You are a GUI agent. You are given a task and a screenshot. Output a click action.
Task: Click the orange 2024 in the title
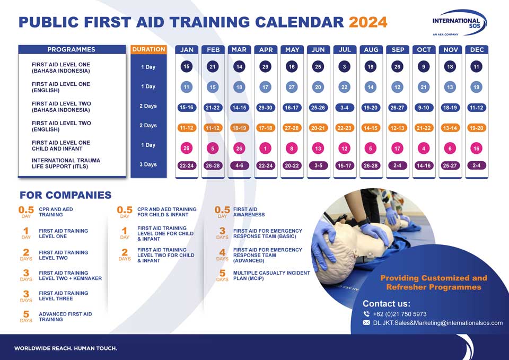pyautogui.click(x=368, y=22)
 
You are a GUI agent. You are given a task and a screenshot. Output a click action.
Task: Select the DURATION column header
pyautogui.click(x=148, y=49)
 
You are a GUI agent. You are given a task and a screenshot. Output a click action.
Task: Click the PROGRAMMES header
pyautogui.click(x=72, y=49)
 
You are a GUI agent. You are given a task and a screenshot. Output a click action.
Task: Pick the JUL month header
pyautogui.click(x=345, y=50)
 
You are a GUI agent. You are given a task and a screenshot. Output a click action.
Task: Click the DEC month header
pyautogui.click(x=477, y=50)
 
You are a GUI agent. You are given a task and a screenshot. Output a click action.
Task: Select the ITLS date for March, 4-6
pyautogui.click(x=239, y=165)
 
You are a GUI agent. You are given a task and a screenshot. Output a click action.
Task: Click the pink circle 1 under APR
pyautogui.click(x=265, y=148)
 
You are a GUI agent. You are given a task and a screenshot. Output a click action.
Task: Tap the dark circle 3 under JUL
pyautogui.click(x=345, y=67)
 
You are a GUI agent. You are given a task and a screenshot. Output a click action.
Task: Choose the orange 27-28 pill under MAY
pyautogui.click(x=292, y=128)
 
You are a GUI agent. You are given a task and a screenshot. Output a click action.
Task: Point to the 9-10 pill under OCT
pyautogui.click(x=424, y=108)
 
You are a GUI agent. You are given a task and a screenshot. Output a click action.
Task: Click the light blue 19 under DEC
pyautogui.click(x=476, y=87)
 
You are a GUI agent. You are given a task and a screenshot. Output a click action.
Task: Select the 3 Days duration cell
pyautogui.click(x=148, y=164)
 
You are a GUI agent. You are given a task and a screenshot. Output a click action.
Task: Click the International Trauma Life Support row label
pyautogui.click(x=66, y=163)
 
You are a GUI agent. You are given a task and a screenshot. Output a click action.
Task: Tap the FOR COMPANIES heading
pyautogui.click(x=66, y=195)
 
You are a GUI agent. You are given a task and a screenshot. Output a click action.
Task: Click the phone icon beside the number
pyautogui.click(x=366, y=314)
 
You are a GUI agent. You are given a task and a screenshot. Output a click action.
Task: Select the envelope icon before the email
pyautogui.click(x=366, y=323)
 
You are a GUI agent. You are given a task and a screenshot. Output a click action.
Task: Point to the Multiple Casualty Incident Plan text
pyautogui.click(x=271, y=276)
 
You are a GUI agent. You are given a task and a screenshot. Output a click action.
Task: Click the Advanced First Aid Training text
pyautogui.click(x=65, y=317)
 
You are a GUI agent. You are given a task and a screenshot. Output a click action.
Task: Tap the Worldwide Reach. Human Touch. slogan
pyautogui.click(x=66, y=348)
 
